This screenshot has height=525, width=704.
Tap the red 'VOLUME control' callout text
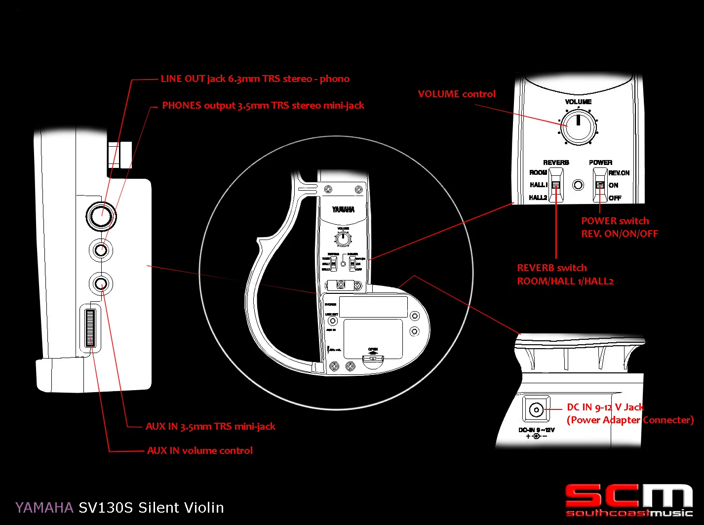pos(456,94)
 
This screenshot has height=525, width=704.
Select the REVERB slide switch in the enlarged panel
pos(556,185)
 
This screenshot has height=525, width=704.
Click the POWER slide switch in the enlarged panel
pos(600,185)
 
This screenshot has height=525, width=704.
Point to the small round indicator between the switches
pos(578,185)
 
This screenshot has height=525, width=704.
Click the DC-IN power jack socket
pos(536,409)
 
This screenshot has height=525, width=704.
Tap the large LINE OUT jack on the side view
pos(101,215)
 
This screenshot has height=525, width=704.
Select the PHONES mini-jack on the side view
pos(101,250)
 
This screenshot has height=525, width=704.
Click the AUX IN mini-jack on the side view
pos(101,283)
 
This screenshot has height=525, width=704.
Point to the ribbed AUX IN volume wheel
pos(90,327)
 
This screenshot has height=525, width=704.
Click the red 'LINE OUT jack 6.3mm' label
pos(255,79)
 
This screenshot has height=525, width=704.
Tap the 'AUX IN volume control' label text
pos(199,450)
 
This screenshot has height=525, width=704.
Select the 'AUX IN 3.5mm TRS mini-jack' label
pos(210,426)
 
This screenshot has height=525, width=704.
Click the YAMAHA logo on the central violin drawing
pos(343,209)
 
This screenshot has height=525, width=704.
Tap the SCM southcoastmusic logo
pos(629,500)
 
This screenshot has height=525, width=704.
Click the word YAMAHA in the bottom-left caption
pos(44,508)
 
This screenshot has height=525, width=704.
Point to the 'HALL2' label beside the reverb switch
pos(538,198)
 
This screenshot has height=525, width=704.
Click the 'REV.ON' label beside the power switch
pos(619,173)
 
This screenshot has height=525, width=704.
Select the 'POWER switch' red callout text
pos(615,221)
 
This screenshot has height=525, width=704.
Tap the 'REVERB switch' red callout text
pos(551,268)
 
